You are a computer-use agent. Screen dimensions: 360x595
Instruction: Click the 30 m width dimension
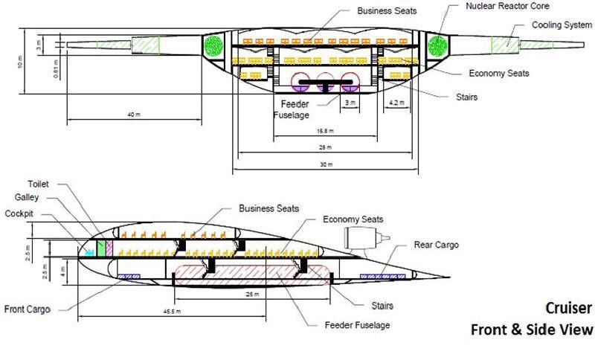pyautogui.click(x=324, y=163)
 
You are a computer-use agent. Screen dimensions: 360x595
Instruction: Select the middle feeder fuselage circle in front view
pyautogui.click(x=325, y=82)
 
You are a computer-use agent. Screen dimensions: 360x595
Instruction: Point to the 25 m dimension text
pyautogui.click(x=254, y=295)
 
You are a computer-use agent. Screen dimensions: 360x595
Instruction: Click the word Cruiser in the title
pyautogui.click(x=568, y=308)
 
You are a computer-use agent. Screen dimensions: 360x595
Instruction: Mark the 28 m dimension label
pyautogui.click(x=324, y=147)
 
